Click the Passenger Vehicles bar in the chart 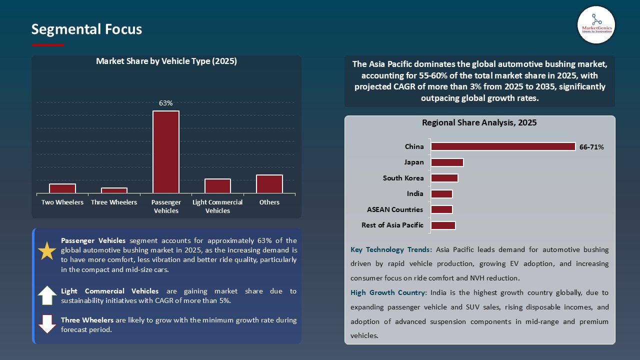tap(166, 152)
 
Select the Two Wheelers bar tap(62, 188)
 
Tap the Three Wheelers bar tap(114, 190)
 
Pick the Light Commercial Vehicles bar tap(217, 186)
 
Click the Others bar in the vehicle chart tap(269, 184)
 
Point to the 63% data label tap(166, 103)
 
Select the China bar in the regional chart tap(503, 146)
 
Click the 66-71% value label tap(591, 147)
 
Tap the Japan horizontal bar tap(447, 162)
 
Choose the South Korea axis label tap(403, 178)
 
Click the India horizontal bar tap(441, 194)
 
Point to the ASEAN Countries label tap(394, 209)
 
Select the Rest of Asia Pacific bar tap(443, 225)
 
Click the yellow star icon tap(47, 250)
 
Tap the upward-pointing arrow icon tap(47, 295)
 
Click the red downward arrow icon tap(47, 324)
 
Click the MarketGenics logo tap(596, 24)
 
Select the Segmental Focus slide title tap(86, 29)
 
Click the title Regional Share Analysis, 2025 tap(479, 122)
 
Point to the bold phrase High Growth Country tap(388, 292)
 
